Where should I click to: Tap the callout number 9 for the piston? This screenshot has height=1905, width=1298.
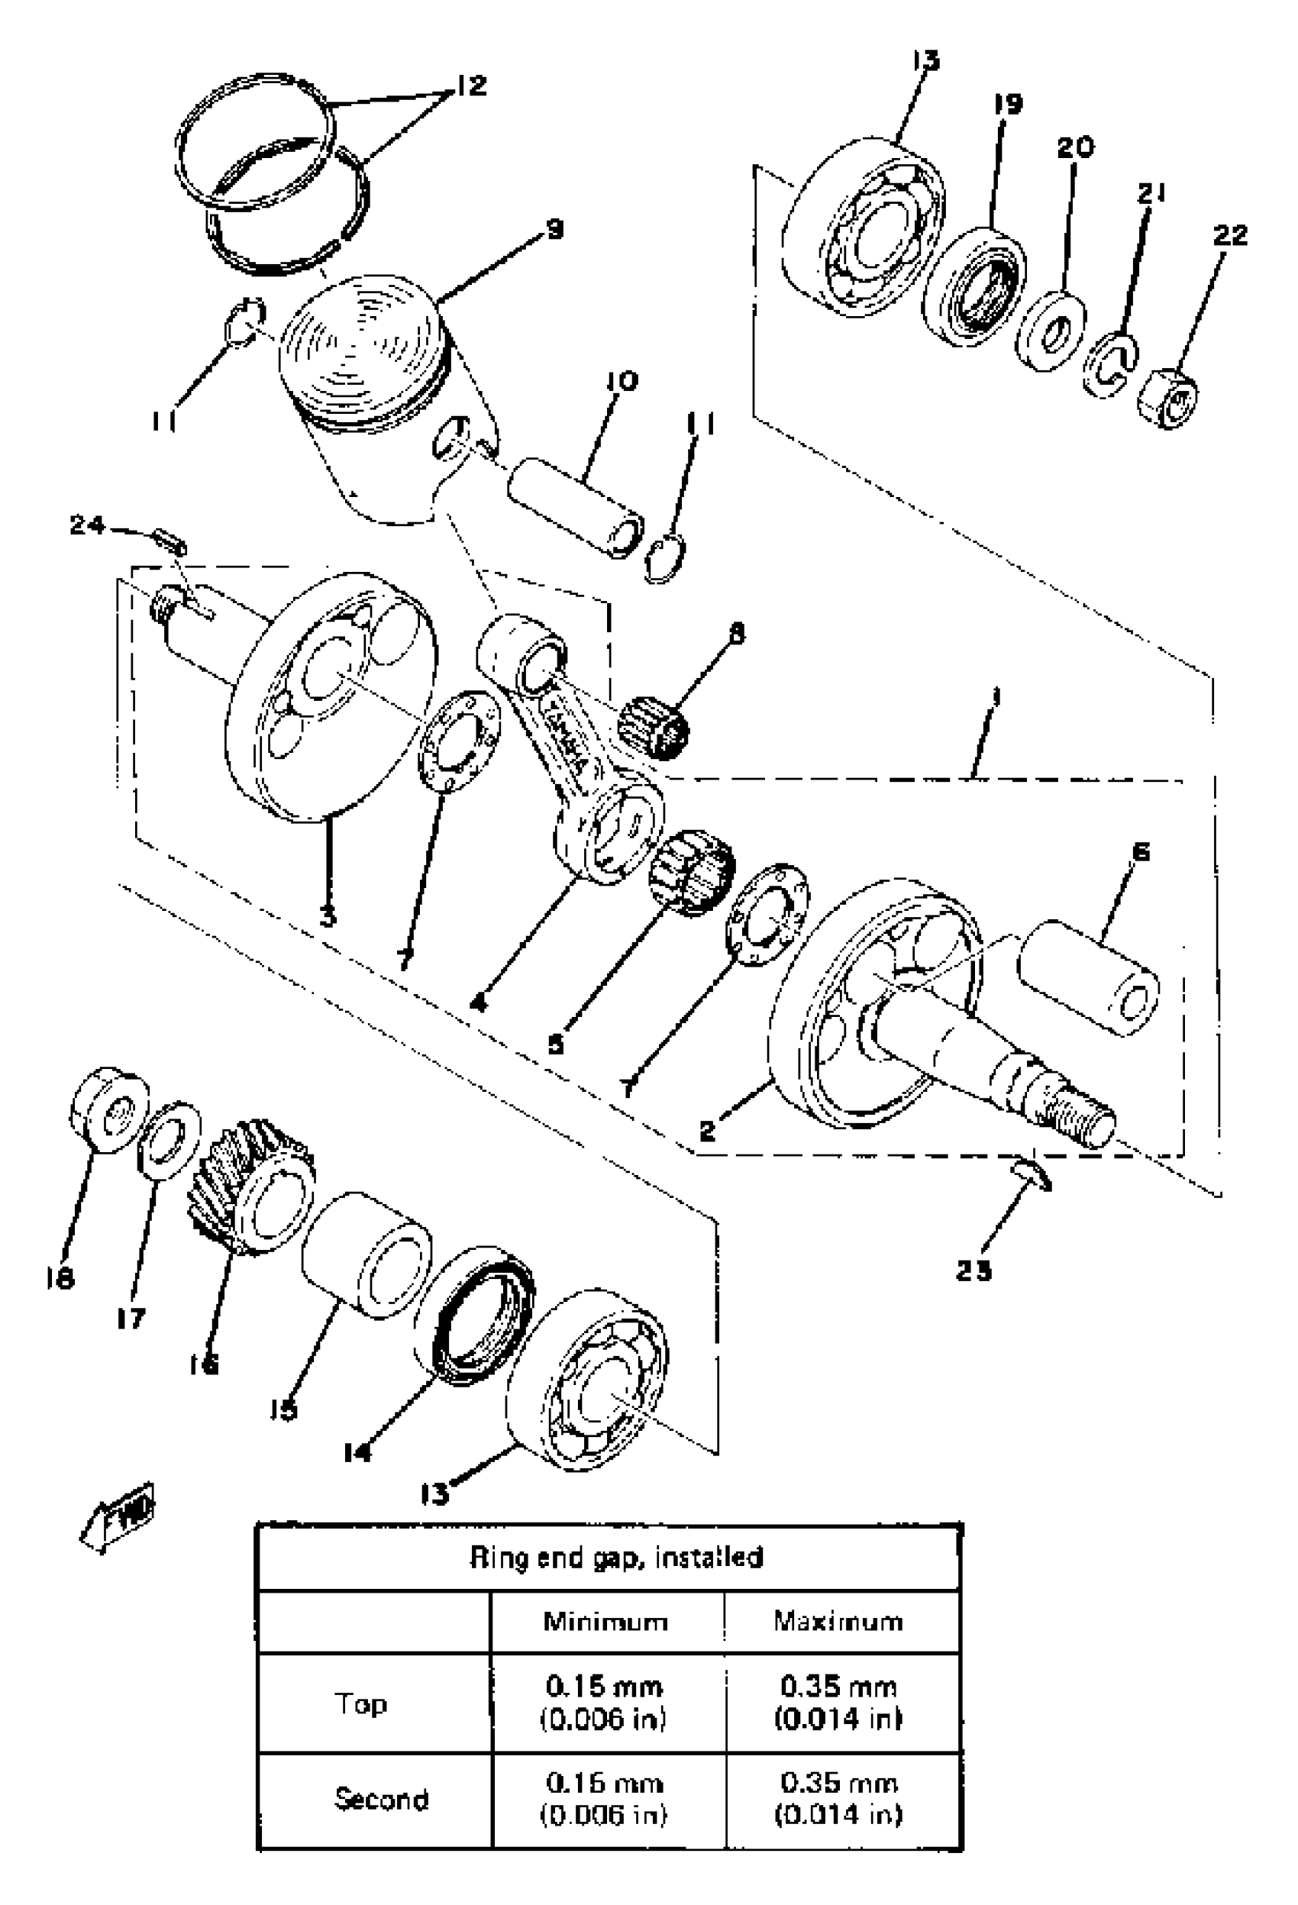[555, 229]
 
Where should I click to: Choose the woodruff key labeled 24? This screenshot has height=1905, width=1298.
[170, 543]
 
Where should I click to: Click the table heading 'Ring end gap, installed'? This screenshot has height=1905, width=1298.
[616, 1557]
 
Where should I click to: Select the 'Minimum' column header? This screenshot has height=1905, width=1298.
[605, 1620]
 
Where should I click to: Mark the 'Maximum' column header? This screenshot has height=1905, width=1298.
[838, 1620]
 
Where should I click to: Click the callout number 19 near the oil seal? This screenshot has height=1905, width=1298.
[1008, 105]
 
